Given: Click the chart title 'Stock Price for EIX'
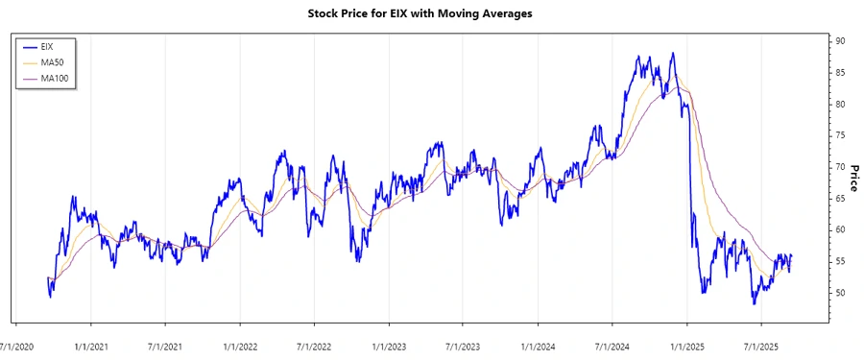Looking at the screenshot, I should (x=432, y=14).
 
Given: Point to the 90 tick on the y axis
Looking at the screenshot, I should (x=839, y=41).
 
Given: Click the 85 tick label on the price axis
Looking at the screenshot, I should (x=839, y=73).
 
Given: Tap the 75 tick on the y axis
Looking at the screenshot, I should (x=839, y=135).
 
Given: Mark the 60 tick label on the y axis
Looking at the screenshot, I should (x=839, y=229).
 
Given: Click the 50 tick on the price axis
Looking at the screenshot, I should (x=839, y=293).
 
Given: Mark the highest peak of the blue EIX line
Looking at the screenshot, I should (x=673, y=54).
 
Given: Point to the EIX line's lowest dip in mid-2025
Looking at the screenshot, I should (x=755, y=303).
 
